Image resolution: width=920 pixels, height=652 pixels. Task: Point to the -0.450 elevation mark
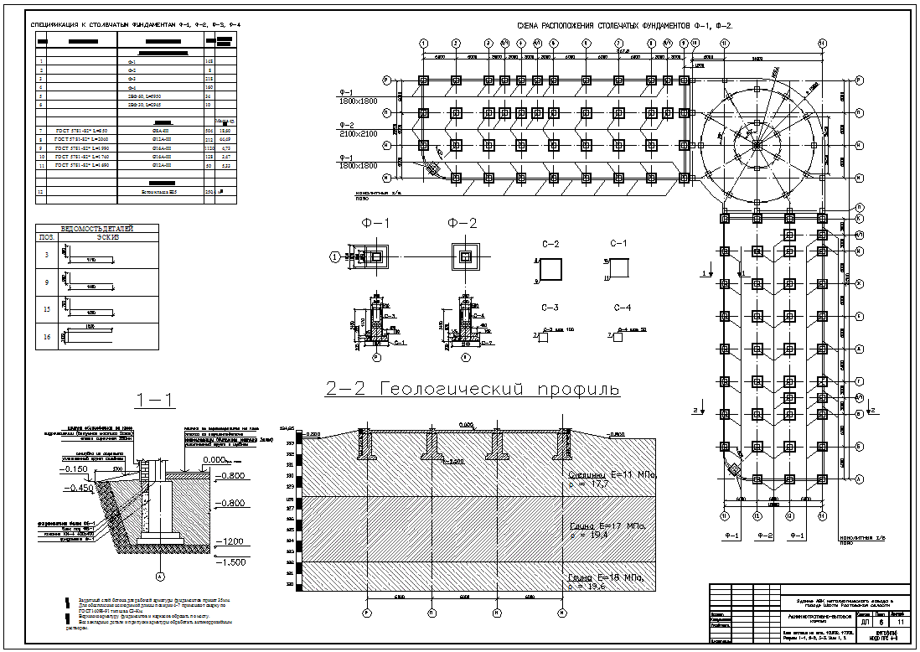tap(81, 487)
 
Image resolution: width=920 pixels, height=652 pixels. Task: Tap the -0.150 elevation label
tap(81, 469)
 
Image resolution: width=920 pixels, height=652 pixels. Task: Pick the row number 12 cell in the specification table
tap(40, 192)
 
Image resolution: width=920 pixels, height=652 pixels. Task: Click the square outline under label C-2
tap(550, 270)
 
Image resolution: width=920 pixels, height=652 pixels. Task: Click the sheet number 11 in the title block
tap(900, 623)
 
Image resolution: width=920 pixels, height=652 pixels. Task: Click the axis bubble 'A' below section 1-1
tap(160, 577)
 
